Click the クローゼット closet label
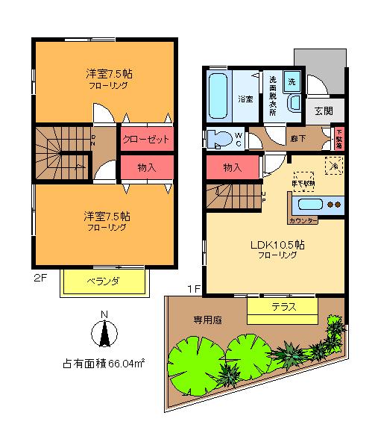point(146,140)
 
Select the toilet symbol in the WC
point(221,138)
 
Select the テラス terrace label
point(283,306)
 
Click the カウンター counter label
point(302,221)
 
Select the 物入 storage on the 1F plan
point(233,167)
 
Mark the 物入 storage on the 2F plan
point(146,168)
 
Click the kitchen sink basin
point(308,204)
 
